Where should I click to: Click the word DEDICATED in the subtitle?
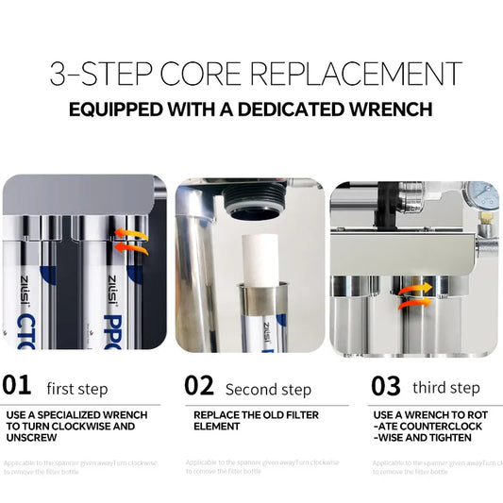pos(288,109)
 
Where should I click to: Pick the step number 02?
pos(200,386)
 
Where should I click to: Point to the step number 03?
pos(387,386)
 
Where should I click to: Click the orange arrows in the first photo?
pos(131,240)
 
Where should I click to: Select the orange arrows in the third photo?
pos(409,293)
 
